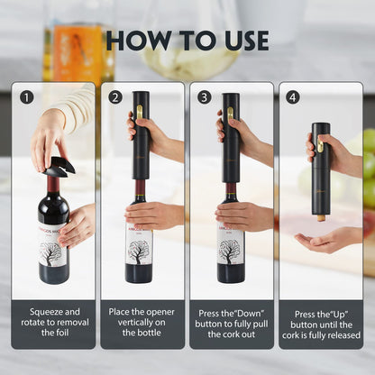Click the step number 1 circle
pyautogui.click(x=26, y=96)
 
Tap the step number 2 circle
pyautogui.click(x=114, y=96)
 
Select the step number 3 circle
pyautogui.click(x=204, y=96)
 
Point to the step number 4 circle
pyautogui.click(x=293, y=96)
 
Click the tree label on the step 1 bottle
pyautogui.click(x=53, y=252)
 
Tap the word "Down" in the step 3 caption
pyautogui.click(x=236, y=310)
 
